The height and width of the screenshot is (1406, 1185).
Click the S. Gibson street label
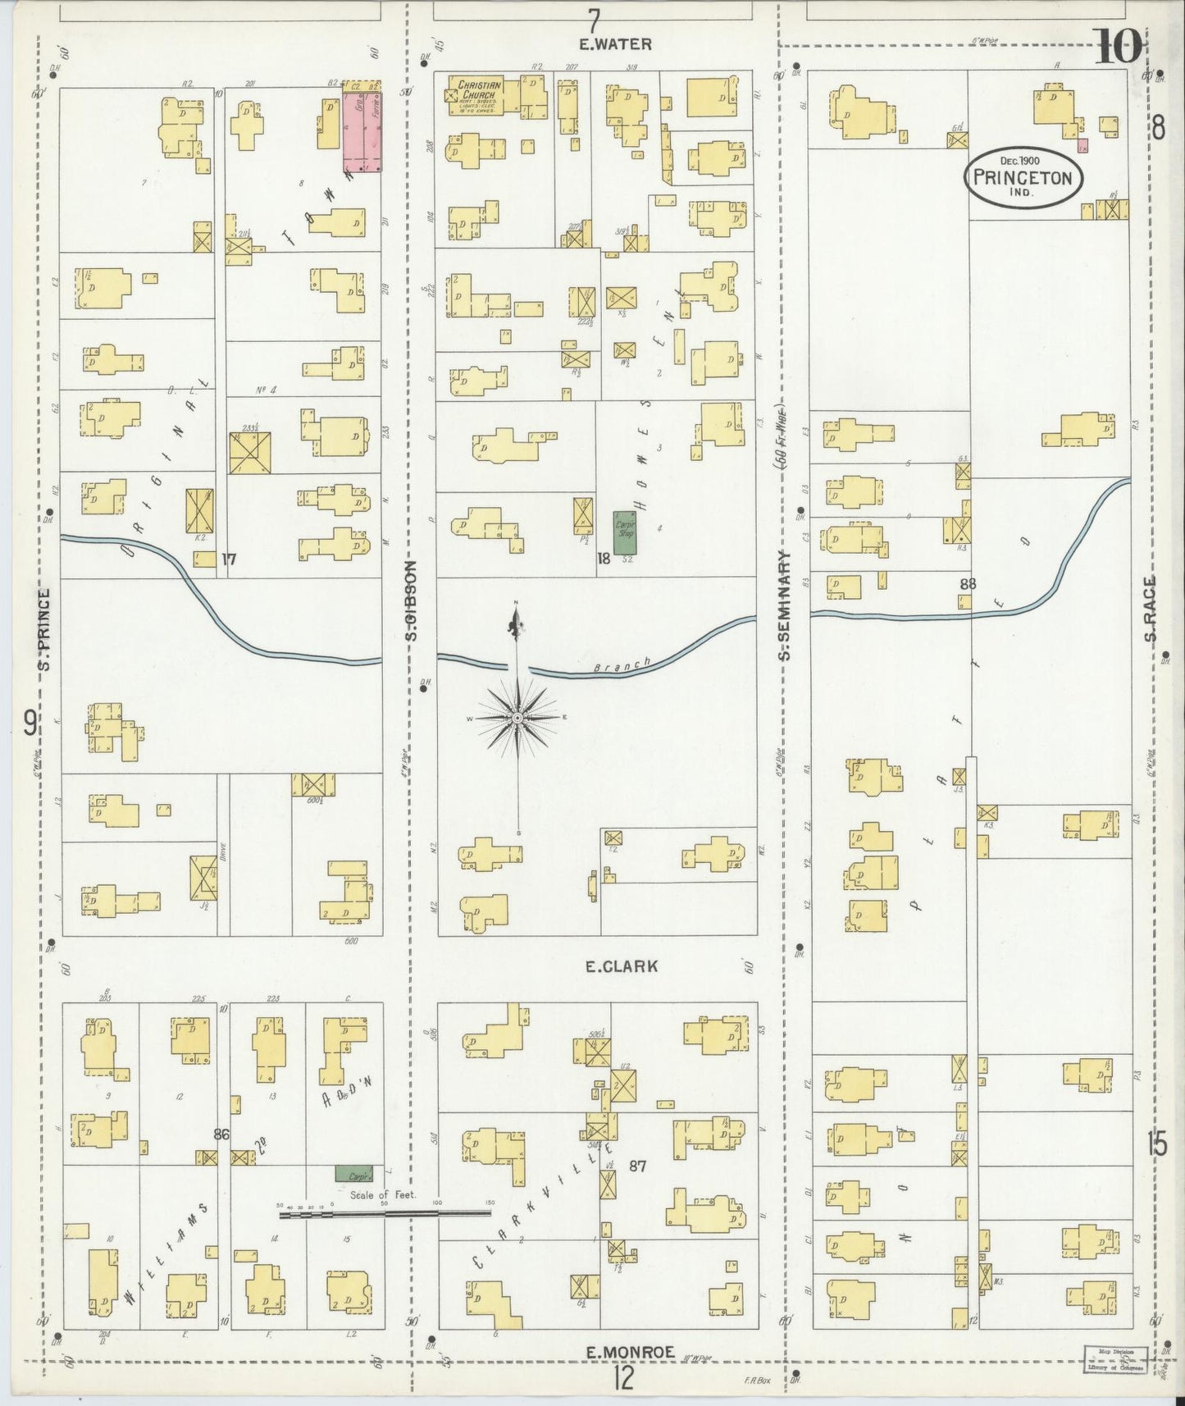412,600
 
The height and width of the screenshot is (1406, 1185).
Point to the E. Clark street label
621,966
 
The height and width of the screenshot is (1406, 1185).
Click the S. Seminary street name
785,605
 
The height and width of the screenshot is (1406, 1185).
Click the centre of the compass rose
517,718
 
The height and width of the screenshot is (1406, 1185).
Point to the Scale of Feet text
383,1195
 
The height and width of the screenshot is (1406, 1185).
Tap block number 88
968,583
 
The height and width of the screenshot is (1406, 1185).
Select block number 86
220,1134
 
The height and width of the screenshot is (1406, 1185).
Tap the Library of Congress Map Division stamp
1114,1359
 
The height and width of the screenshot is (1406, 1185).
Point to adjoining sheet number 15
1157,1144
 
